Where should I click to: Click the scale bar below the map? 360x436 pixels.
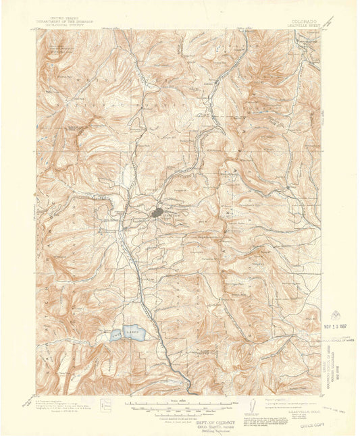[180, 406]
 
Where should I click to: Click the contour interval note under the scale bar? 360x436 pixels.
[180, 412]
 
